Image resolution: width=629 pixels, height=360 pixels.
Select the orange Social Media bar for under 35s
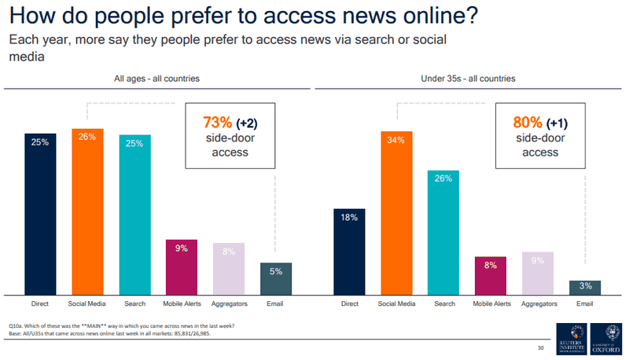click(x=396, y=212)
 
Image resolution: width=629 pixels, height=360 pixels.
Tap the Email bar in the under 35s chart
click(x=585, y=288)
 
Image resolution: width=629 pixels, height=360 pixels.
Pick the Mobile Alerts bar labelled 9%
click(x=182, y=267)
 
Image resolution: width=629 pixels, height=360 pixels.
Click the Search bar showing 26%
click(x=443, y=233)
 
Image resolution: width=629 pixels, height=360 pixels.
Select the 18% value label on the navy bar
click(x=349, y=218)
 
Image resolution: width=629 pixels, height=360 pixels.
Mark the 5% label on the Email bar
click(x=275, y=272)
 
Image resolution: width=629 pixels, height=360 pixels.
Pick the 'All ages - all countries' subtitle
click(x=157, y=78)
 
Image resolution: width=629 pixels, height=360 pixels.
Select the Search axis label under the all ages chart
click(x=134, y=303)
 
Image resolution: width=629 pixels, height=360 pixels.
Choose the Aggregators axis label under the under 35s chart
click(x=538, y=303)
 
